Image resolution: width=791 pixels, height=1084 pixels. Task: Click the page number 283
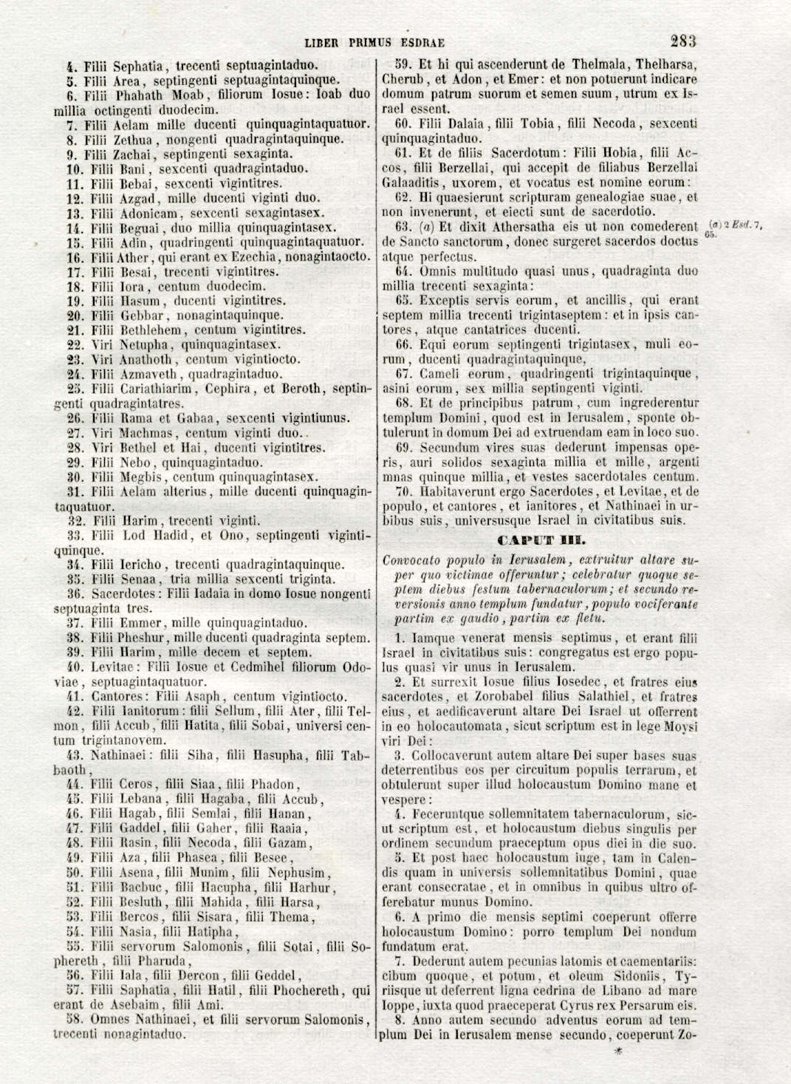(683, 41)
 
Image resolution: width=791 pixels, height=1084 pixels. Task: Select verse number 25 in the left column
(73, 389)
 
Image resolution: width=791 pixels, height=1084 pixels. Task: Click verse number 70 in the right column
(403, 491)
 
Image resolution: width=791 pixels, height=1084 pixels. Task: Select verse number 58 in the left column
(73, 1020)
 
